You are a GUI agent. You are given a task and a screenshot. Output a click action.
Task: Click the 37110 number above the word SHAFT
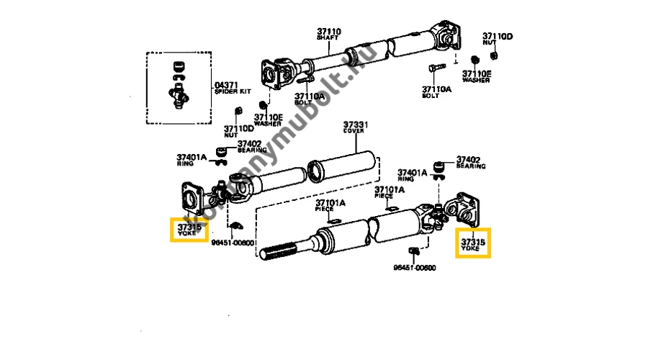pyautogui.click(x=328, y=31)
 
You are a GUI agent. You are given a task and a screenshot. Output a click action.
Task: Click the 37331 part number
pyautogui.click(x=355, y=125)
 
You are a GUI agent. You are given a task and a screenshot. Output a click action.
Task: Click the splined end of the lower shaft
pyautogui.click(x=284, y=253)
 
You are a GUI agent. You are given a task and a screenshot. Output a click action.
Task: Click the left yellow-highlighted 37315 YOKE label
pyautogui.click(x=189, y=230)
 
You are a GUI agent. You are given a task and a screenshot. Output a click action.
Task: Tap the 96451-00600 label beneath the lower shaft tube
pyautogui.click(x=414, y=267)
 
